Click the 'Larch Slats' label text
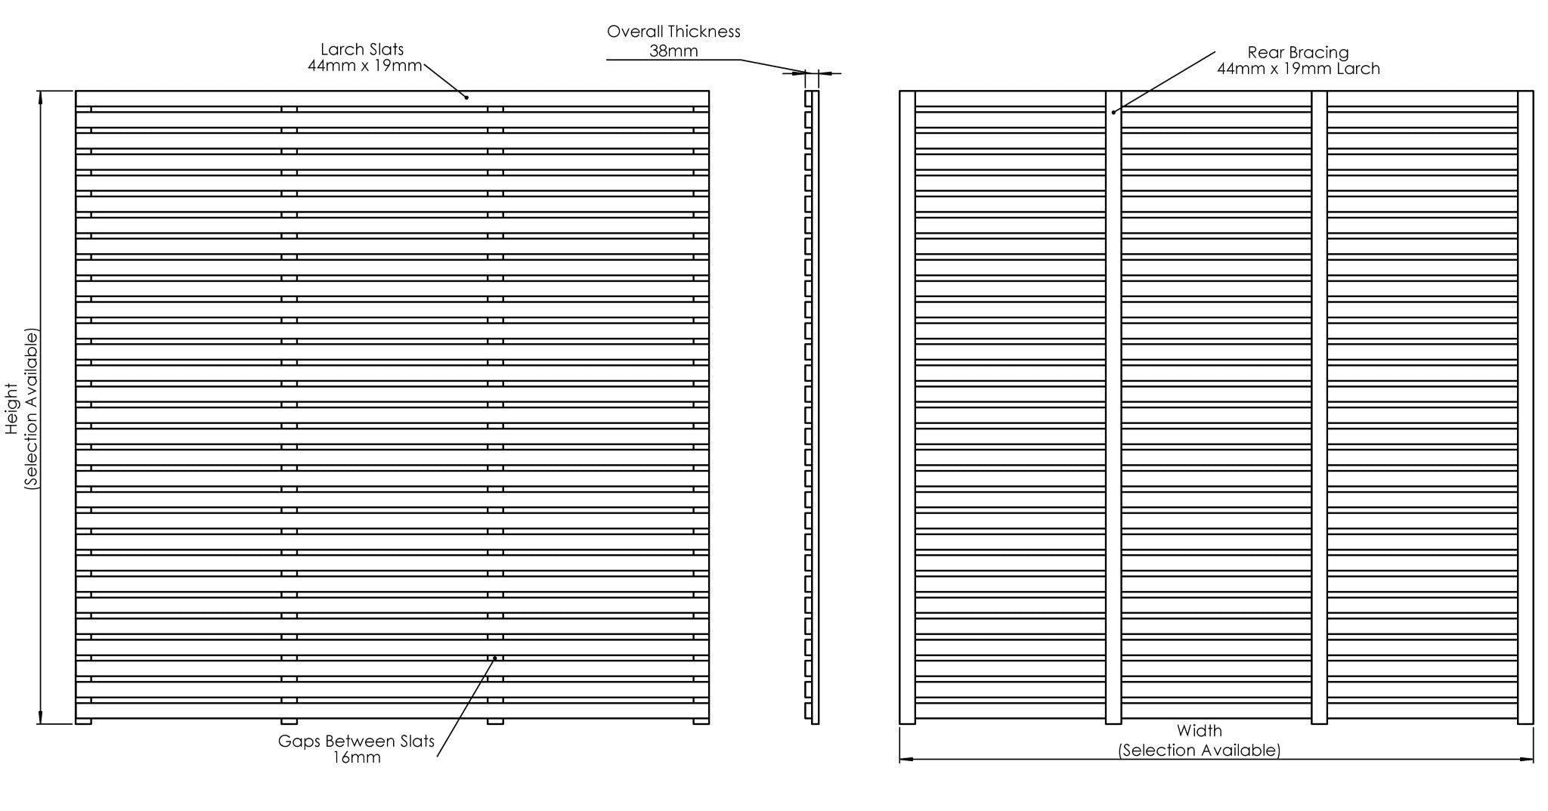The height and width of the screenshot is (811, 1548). [362, 49]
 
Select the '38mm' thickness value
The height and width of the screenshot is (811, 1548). [673, 51]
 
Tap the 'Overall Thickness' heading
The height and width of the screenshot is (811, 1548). [673, 32]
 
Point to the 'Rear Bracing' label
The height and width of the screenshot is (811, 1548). [1298, 52]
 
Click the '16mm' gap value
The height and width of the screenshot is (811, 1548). [356, 757]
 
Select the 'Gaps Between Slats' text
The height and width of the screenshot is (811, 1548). [356, 741]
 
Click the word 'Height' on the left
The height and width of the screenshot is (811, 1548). [11, 409]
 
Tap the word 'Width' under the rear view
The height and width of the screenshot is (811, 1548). [1199, 731]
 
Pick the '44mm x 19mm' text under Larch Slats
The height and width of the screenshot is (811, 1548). [364, 66]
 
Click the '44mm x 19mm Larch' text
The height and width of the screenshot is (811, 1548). [1298, 69]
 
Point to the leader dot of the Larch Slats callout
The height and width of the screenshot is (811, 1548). [466, 97]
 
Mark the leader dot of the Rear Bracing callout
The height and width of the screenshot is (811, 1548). [1113, 113]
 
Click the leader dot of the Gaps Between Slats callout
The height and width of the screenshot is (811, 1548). [495, 658]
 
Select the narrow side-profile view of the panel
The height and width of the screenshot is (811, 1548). [812, 407]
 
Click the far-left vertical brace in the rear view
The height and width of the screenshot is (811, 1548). [907, 407]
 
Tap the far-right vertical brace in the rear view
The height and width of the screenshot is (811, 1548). [1525, 407]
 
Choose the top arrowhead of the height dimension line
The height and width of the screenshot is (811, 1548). [40, 97]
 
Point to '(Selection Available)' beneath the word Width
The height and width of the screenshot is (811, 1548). [1200, 751]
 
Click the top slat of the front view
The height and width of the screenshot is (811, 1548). [392, 98]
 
